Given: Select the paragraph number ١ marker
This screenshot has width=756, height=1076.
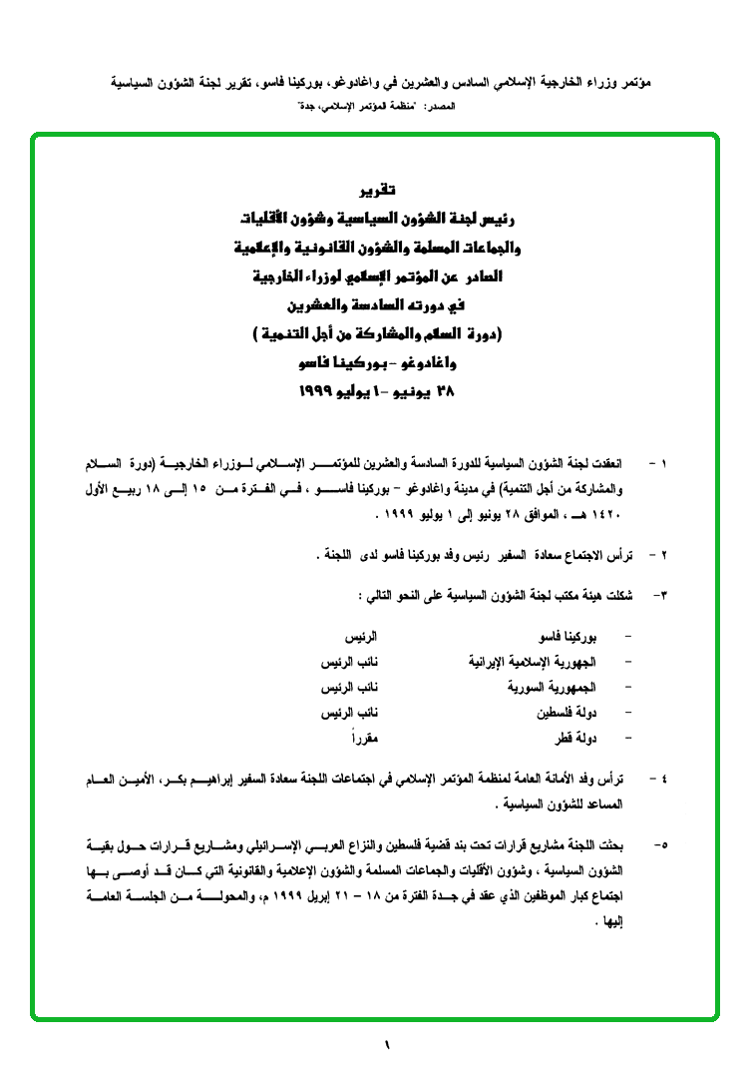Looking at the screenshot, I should click(x=665, y=465).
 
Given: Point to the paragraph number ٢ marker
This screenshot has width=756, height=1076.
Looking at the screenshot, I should click(x=665, y=553).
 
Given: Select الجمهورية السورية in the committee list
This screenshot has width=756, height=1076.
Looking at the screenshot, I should click(x=553, y=689).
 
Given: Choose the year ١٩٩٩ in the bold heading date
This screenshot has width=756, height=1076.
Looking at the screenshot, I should click(x=318, y=392).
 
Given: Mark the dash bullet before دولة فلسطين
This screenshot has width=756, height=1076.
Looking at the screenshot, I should click(x=626, y=715).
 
